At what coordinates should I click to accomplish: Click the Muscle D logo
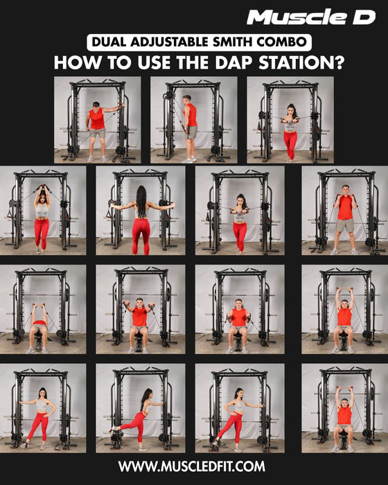pyautogui.click(x=311, y=17)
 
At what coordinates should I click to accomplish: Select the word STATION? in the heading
pyautogui.click(x=301, y=63)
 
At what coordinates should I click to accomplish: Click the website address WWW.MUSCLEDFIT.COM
pyautogui.click(x=191, y=466)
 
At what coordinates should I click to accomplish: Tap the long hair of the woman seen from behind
pyautogui.click(x=141, y=201)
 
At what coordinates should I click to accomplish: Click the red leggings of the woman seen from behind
pyautogui.click(x=141, y=236)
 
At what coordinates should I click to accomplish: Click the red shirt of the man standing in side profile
pyautogui.click(x=192, y=115)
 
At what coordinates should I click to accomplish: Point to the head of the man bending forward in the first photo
pyautogui.click(x=96, y=105)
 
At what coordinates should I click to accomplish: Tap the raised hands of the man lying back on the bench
pyautogui.click(x=38, y=306)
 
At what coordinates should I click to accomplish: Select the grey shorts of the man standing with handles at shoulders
pyautogui.click(x=344, y=225)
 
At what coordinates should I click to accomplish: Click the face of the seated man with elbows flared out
pyautogui.click(x=140, y=303)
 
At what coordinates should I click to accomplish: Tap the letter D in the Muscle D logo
pyautogui.click(x=364, y=17)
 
